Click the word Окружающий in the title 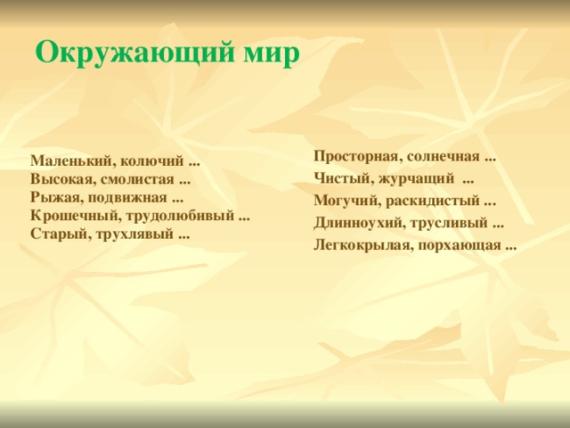[x=135, y=53]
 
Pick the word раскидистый [x=433, y=200]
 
